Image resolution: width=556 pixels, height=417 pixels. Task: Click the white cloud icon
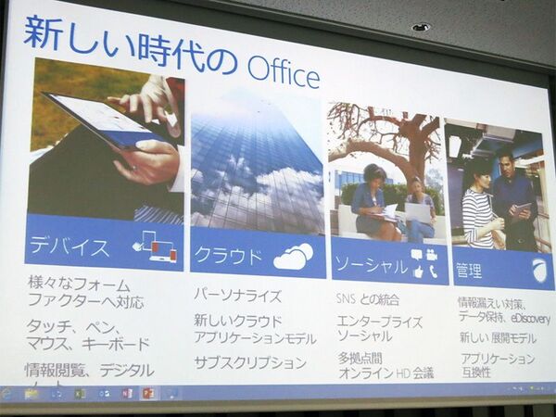(293, 257)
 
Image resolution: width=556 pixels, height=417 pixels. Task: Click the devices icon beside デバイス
(154, 246)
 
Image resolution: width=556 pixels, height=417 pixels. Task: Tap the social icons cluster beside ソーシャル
(424, 263)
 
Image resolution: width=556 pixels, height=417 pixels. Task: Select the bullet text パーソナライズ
(236, 295)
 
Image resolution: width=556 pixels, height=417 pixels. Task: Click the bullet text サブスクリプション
(249, 362)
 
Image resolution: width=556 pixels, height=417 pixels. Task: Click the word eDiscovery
(529, 319)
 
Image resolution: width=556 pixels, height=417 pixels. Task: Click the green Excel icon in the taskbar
(80, 393)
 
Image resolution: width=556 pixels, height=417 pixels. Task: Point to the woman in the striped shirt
(478, 208)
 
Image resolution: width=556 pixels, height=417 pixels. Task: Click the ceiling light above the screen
(421, 27)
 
